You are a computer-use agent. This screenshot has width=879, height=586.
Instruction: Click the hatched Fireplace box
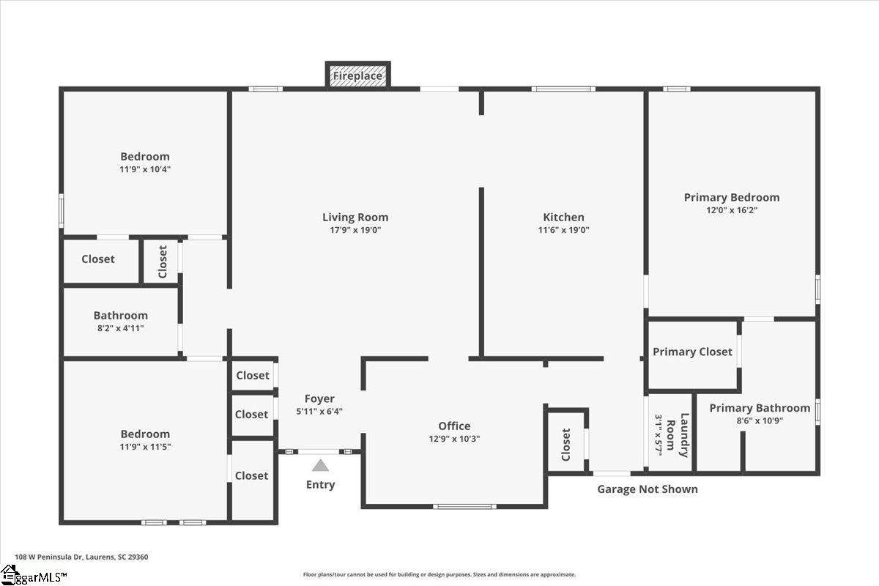[x=358, y=75]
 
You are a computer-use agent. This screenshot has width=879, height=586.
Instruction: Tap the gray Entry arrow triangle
[x=320, y=465]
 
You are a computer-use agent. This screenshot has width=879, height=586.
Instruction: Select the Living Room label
[x=355, y=217]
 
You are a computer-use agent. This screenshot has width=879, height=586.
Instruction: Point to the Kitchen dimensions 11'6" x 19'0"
[x=563, y=230]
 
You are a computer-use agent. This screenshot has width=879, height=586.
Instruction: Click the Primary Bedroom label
[x=732, y=197]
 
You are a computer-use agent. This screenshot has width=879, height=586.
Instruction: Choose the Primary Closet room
[x=693, y=355]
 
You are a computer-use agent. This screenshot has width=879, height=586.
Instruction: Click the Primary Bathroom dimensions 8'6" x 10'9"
[x=760, y=420]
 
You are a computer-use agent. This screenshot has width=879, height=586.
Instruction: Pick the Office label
[x=454, y=426]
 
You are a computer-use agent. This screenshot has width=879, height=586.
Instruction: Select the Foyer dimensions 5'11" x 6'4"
[x=319, y=412]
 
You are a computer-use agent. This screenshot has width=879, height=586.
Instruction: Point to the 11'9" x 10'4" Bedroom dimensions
[x=145, y=169]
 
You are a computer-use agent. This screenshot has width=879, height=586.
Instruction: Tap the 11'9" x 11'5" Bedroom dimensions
[x=145, y=447]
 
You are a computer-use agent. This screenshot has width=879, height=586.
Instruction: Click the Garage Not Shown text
[x=648, y=489]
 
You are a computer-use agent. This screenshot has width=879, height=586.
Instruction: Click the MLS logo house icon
[x=8, y=574]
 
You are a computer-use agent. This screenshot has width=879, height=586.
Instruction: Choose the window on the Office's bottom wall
[x=464, y=507]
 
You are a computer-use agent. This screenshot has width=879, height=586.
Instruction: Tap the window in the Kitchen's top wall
[x=563, y=89]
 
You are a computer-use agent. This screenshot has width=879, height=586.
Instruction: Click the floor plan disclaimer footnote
[x=439, y=574]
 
